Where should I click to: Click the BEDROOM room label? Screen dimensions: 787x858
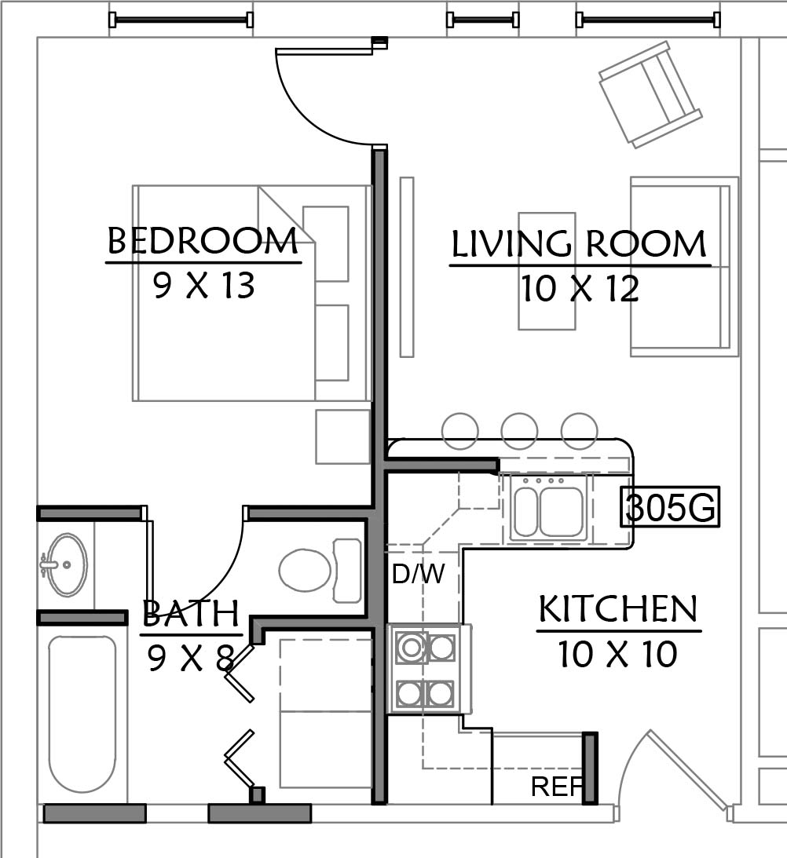(x=203, y=241)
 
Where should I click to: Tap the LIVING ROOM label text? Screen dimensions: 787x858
(x=579, y=244)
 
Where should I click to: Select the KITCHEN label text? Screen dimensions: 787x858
(x=618, y=608)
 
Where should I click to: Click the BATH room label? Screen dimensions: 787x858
(x=191, y=613)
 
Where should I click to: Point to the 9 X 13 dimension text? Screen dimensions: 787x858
(x=203, y=286)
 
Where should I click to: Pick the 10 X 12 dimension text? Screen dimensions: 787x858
(x=580, y=289)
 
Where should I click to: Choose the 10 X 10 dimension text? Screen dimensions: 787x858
(x=618, y=654)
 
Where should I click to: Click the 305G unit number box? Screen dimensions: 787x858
(x=670, y=506)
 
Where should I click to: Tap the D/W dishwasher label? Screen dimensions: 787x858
(x=419, y=574)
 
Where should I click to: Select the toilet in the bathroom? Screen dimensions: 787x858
(x=320, y=571)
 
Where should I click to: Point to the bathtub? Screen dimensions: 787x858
(x=82, y=714)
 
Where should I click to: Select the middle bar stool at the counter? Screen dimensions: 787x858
(x=519, y=431)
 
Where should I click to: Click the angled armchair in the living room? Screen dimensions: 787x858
(x=650, y=94)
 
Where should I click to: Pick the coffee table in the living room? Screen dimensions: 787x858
(x=547, y=271)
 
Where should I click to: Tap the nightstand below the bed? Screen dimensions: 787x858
(x=343, y=436)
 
